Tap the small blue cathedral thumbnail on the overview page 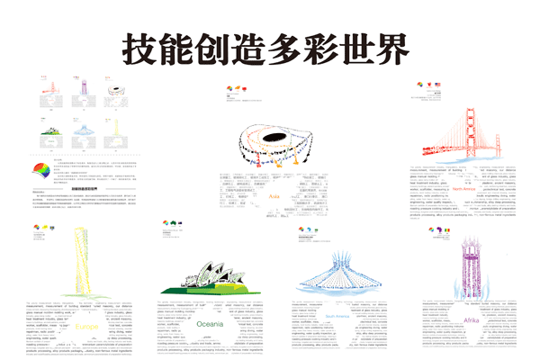(x=84, y=133)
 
